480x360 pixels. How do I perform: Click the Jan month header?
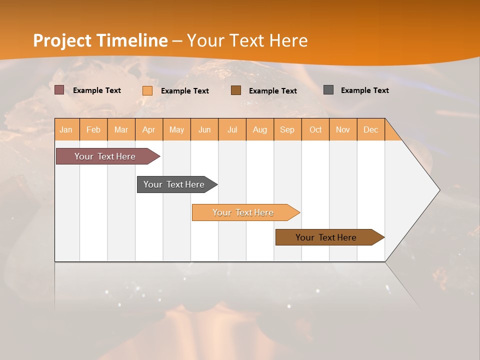click(x=66, y=129)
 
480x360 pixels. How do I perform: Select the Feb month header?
click(x=93, y=129)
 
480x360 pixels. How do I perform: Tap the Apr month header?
click(x=149, y=129)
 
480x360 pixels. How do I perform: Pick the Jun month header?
click(x=204, y=129)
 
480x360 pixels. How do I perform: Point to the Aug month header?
click(x=260, y=129)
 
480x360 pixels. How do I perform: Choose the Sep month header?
click(x=287, y=129)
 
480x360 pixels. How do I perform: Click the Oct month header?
click(x=315, y=129)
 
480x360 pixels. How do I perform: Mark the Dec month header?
click(x=371, y=129)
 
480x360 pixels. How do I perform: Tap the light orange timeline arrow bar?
click(x=243, y=212)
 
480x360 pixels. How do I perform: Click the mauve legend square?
click(x=59, y=90)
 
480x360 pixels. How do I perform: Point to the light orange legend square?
click(x=147, y=90)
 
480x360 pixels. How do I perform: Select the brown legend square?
click(x=236, y=90)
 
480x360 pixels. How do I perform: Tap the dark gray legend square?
click(x=328, y=90)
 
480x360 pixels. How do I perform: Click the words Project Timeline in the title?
click(x=100, y=40)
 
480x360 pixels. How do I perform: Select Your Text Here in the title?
click(x=247, y=40)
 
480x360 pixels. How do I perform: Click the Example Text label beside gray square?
click(x=364, y=90)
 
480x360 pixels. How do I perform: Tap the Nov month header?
click(x=343, y=129)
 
